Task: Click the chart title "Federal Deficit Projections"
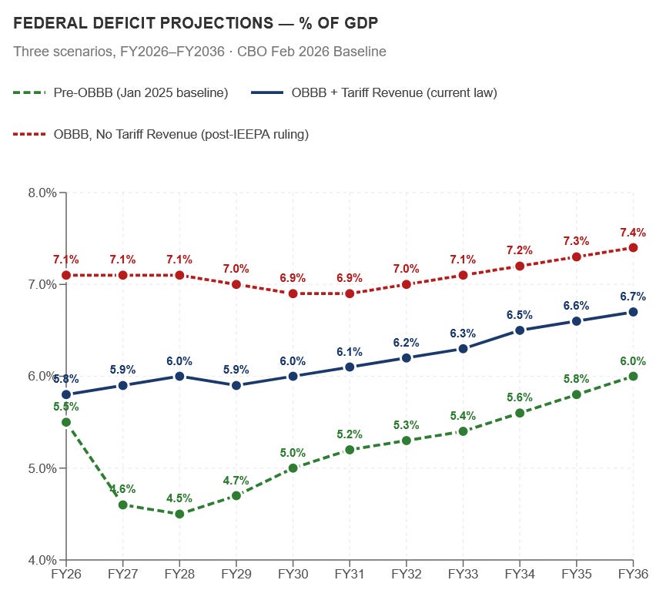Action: pos(196,23)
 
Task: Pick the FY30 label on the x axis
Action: pos(293,575)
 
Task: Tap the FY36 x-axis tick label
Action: pos(632,575)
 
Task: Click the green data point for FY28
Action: pos(179,514)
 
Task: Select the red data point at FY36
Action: pos(632,247)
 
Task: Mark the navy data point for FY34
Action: pos(519,330)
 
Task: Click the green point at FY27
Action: pos(123,505)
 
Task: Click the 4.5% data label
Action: pos(179,498)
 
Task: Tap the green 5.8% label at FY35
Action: pos(576,379)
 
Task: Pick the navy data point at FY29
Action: pos(236,385)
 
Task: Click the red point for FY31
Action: pos(350,293)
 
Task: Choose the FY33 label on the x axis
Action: pos(463,575)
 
